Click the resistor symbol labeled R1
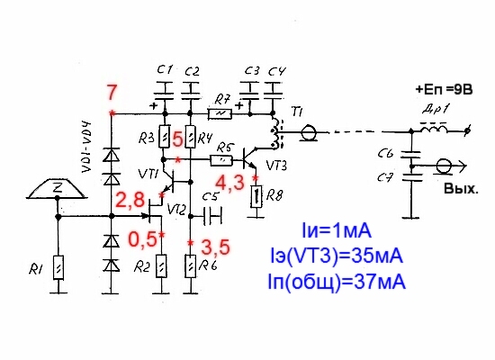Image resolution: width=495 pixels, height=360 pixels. (58, 267)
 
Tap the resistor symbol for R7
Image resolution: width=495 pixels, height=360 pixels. (220, 114)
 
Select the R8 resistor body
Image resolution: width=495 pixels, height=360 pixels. (256, 196)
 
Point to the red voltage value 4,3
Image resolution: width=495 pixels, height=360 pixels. (229, 184)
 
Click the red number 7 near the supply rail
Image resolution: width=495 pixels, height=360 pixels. (112, 93)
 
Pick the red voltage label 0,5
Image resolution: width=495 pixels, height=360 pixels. (142, 239)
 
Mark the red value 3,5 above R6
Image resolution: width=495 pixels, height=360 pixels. (215, 247)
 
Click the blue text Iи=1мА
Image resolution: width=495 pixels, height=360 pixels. (337, 230)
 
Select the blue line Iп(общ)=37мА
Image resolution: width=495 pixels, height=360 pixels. (337, 282)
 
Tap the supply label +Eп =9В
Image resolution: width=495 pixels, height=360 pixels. (444, 89)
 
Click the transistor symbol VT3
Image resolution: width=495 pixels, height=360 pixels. (251, 158)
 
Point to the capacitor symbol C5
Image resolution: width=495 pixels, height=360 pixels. (212, 216)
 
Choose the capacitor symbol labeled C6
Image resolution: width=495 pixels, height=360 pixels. (410, 155)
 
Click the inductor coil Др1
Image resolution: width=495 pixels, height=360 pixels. (433, 128)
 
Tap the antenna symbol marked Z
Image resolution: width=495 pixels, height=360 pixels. (57, 190)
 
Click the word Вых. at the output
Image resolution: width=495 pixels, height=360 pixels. (461, 189)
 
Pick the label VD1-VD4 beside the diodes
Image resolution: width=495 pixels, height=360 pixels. (86, 147)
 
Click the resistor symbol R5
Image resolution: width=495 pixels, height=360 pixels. (221, 161)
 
